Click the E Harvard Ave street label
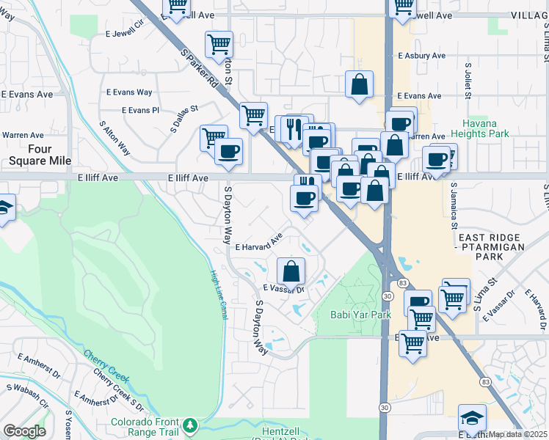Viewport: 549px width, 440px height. [x=259, y=243]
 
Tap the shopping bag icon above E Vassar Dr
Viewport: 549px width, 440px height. [x=291, y=271]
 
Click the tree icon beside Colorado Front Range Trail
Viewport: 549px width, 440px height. [x=191, y=425]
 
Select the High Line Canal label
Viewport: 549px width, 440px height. [x=218, y=295]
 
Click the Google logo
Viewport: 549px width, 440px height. [x=24, y=431]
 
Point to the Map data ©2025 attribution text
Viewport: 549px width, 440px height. [x=518, y=434]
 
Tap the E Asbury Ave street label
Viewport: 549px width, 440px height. [x=421, y=56]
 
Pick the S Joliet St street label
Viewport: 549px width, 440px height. [x=468, y=81]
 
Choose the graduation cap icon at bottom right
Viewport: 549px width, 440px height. [x=472, y=418]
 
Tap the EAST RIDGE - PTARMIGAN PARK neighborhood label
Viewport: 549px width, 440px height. [x=490, y=248]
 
